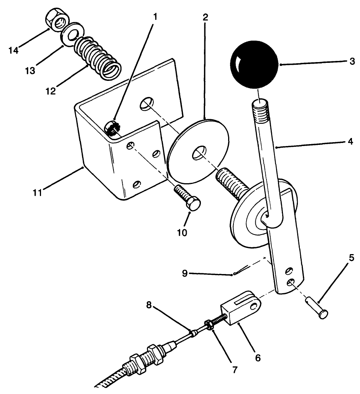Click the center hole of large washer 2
click(199, 154)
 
